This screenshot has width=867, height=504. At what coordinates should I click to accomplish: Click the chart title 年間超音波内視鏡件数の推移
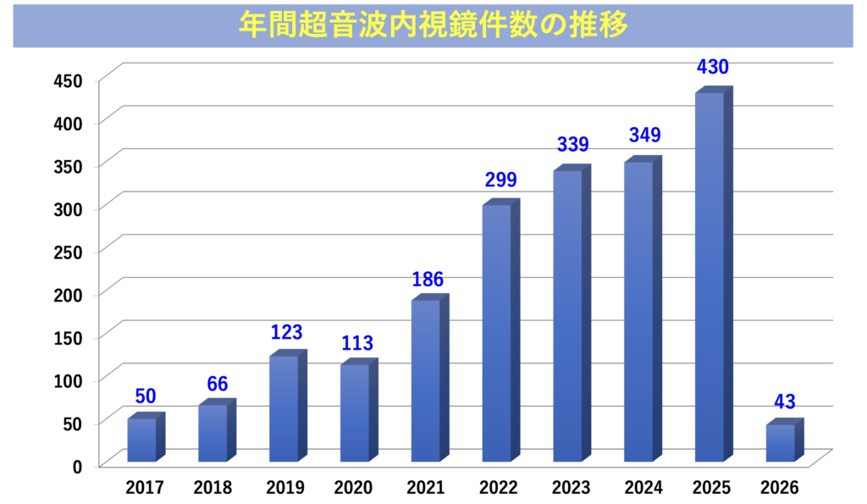click(x=433, y=25)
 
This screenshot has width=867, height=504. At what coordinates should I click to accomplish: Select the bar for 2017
click(x=142, y=440)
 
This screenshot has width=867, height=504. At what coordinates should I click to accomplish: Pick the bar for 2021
click(x=426, y=380)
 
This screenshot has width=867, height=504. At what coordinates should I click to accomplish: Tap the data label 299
click(x=500, y=180)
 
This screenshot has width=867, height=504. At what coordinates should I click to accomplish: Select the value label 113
click(x=357, y=343)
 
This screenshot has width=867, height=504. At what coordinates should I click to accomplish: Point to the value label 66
click(x=218, y=384)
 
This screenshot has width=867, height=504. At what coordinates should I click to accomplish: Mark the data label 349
click(x=644, y=136)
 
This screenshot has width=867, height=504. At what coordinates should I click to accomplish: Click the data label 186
click(x=428, y=280)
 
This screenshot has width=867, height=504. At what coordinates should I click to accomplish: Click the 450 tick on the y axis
click(x=67, y=81)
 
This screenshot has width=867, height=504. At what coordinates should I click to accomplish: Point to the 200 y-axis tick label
click(x=67, y=295)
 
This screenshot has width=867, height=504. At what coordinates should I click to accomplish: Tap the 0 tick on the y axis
click(x=77, y=466)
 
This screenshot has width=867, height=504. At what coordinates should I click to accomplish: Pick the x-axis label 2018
click(x=213, y=488)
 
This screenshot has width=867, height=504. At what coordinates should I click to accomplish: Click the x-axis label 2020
click(x=355, y=488)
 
